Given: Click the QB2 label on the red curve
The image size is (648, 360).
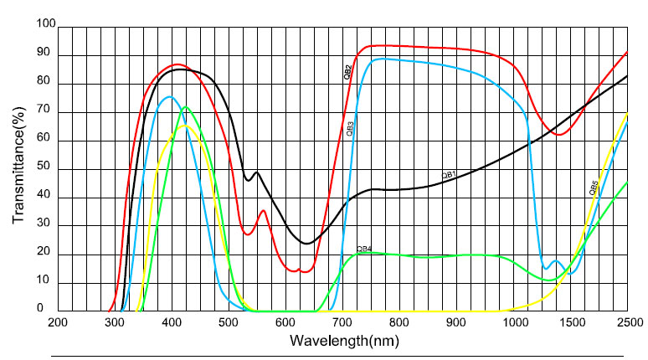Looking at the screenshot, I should click(x=347, y=73).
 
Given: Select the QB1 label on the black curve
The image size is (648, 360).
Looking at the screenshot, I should click(x=449, y=174).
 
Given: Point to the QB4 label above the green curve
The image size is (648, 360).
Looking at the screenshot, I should click(x=364, y=249).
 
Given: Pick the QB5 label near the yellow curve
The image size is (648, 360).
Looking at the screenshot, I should click(x=593, y=188).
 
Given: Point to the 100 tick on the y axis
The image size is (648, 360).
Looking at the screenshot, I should click(x=44, y=26).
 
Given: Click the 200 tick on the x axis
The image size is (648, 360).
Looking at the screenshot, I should click(x=58, y=322).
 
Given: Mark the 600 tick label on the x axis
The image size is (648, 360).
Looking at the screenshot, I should click(x=285, y=322).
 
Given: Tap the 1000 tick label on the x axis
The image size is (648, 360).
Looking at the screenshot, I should click(x=513, y=322).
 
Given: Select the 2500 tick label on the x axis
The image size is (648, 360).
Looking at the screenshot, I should click(x=627, y=322).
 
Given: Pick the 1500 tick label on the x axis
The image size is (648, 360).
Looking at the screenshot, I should click(x=570, y=322).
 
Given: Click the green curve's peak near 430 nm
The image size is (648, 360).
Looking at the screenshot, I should click(x=187, y=107).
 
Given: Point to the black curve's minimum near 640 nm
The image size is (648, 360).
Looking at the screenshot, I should click(x=307, y=244).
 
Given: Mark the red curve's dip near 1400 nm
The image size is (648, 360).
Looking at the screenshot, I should click(x=558, y=134).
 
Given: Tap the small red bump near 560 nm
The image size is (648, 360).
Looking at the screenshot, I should click(x=263, y=211).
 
